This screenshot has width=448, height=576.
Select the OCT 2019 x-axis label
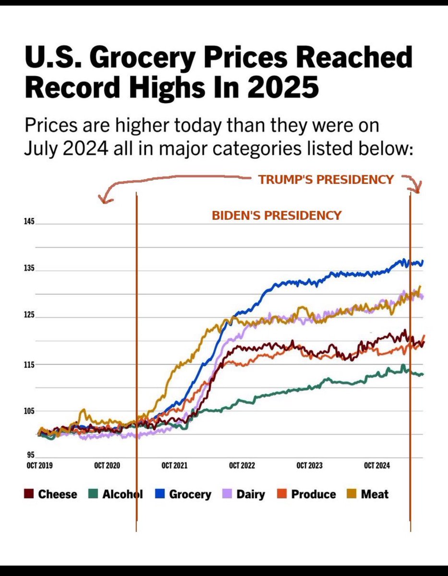pos(39,466)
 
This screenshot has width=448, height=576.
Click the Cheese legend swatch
pos(29,494)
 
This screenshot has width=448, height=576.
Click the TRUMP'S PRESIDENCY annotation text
pos(326,180)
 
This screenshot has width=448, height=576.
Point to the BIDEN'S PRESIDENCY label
pos(277,216)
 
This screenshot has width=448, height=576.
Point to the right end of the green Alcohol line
pos(423,374)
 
